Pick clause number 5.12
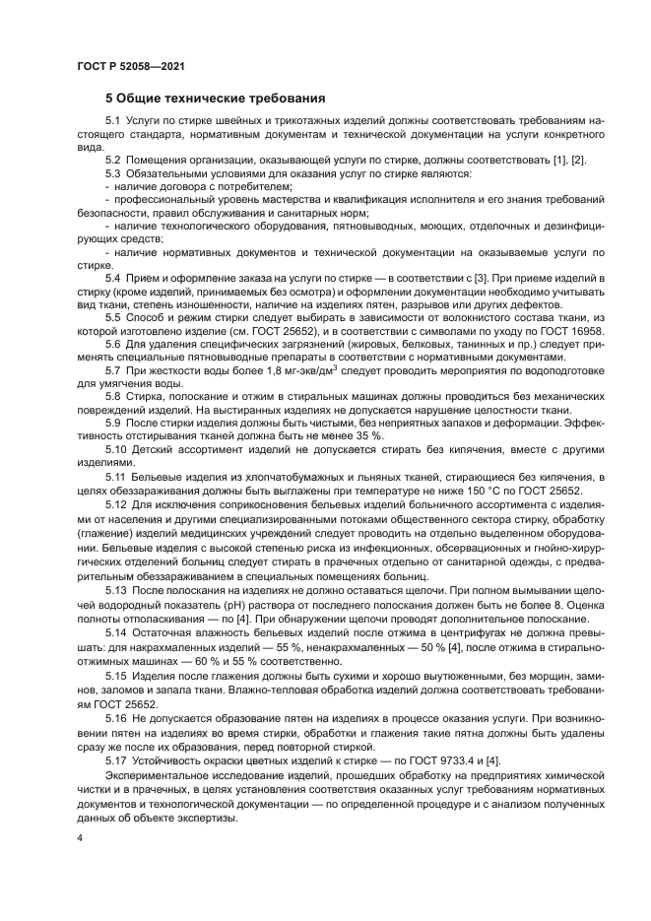pyautogui.click(x=116, y=502)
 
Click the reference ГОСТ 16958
pyautogui.click(x=570, y=332)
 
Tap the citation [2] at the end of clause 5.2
pyautogui.click(x=577, y=159)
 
